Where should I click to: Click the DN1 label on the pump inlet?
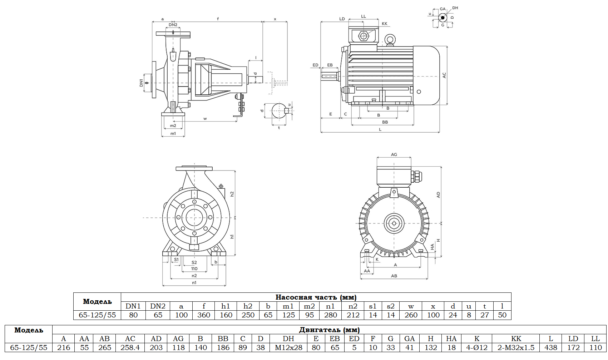coord(142,83)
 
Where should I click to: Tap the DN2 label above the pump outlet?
coord(173,25)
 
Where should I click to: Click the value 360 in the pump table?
coord(204,315)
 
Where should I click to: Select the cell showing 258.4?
coord(130,347)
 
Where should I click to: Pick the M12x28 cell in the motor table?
coord(288,347)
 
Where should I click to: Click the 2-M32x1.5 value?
coord(516,347)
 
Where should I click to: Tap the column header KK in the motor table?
coord(516,339)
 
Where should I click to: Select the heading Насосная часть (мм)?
coord(316,297)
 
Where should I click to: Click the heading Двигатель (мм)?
coord(329,330)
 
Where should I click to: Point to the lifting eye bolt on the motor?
coord(390,40)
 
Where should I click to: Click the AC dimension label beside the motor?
coord(444,75)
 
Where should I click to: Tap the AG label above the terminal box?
coord(394,154)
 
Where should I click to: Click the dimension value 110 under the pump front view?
coord(194,268)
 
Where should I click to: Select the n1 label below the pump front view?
coord(194,282)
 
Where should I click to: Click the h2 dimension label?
coord(232,194)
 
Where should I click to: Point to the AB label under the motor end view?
coord(394,276)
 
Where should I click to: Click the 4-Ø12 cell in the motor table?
coord(477,347)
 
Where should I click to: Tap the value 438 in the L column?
coord(551,347)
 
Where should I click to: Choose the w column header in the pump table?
coord(411,306)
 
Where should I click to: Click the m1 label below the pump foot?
coord(173,133)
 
